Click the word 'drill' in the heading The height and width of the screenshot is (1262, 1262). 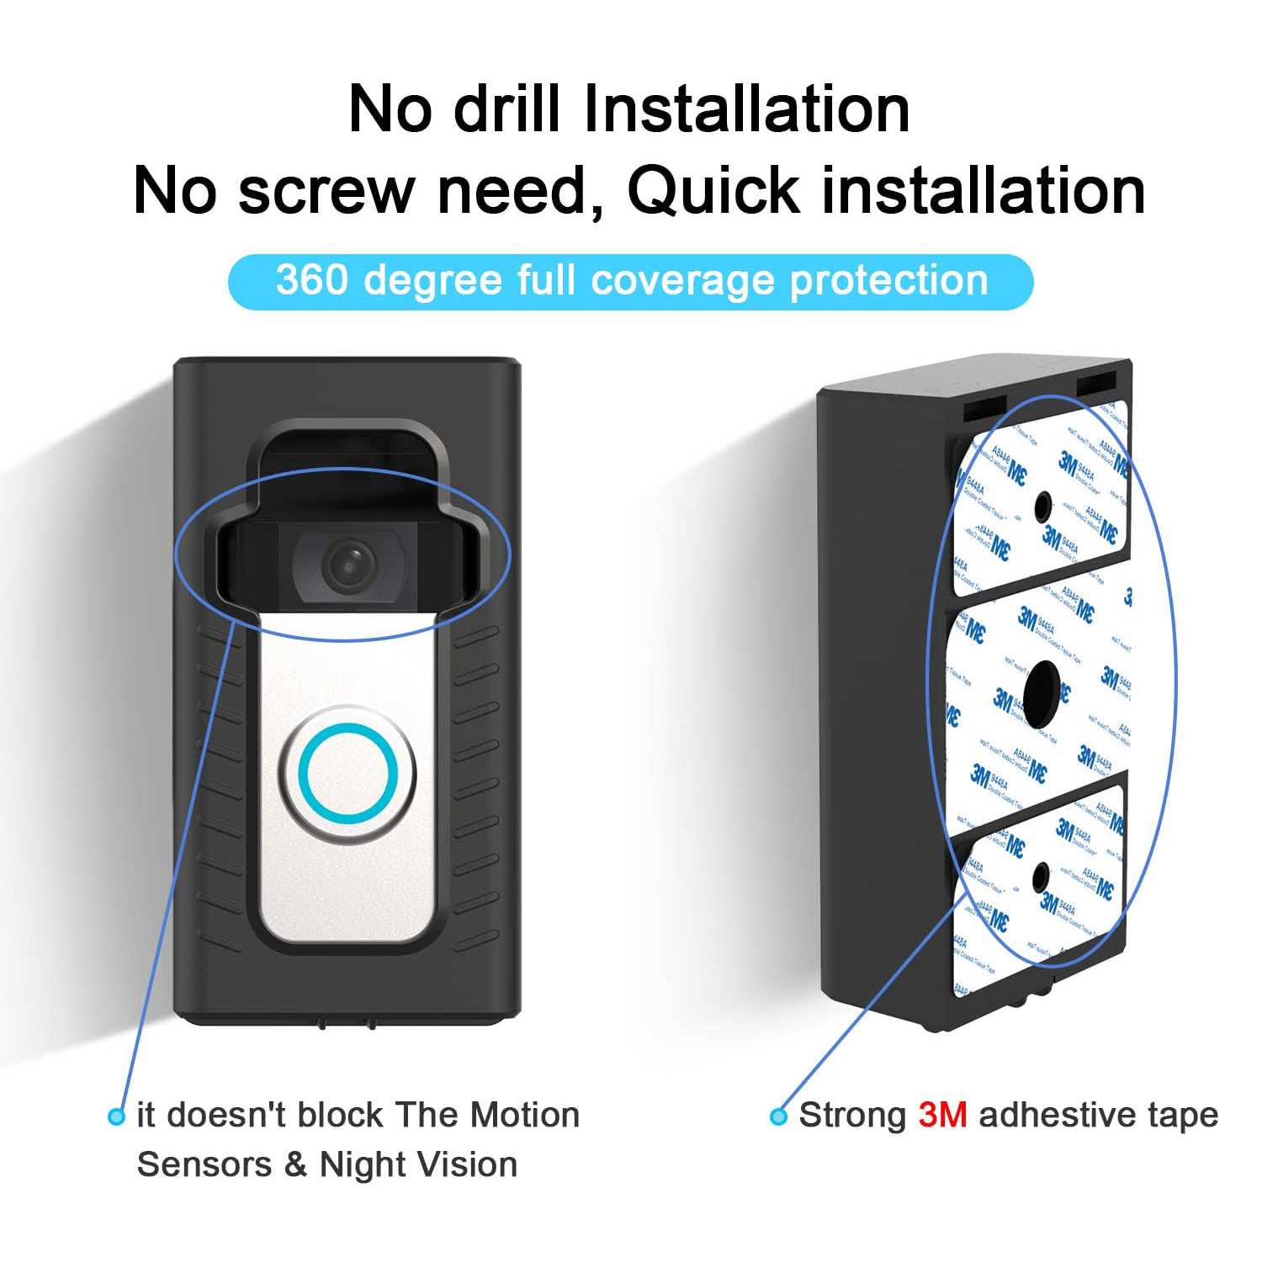pos(506,109)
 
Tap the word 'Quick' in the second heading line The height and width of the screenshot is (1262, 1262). pos(713,190)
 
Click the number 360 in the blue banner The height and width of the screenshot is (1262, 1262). pos(311,280)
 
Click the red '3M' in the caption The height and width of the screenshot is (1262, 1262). pos(942,1116)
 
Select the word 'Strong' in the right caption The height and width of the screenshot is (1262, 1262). pos(852,1116)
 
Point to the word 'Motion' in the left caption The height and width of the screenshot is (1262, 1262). pos(525,1116)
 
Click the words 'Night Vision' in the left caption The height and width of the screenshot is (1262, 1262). pos(418,1165)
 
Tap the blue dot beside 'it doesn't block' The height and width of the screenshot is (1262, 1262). pos(117,1116)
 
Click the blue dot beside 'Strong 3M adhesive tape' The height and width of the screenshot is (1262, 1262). pos(779,1116)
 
